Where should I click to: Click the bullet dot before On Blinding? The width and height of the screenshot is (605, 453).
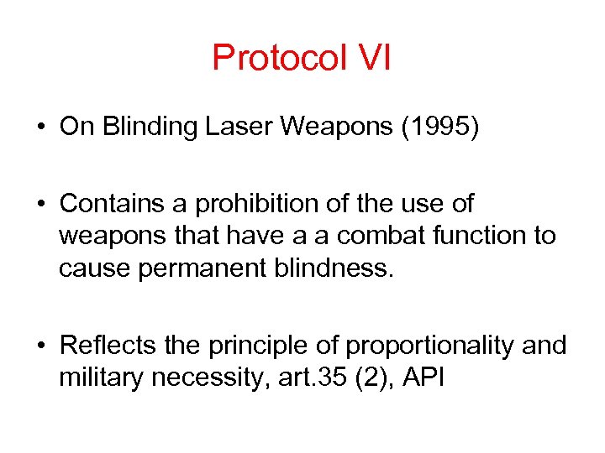point(41,129)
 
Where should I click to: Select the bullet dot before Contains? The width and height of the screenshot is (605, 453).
point(41,205)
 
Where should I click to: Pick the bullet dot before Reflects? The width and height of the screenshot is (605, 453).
point(41,346)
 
